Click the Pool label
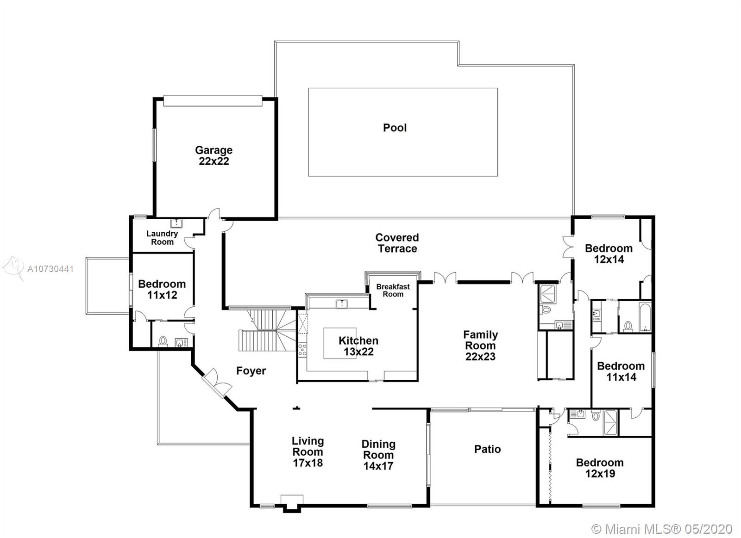coord(395,128)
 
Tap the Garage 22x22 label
coord(214,155)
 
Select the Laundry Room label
coord(162,238)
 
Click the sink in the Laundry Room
coord(176,223)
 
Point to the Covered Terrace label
coord(397,243)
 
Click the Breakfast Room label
coord(393,290)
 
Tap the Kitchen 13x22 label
coord(358,346)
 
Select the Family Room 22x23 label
coord(480,346)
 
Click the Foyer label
coord(251,371)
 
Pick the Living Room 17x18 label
coord(308,452)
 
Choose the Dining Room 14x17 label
coord(378,455)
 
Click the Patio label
coord(487,449)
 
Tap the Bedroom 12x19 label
coord(600,468)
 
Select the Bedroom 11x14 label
coord(621,371)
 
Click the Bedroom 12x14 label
coord(609,254)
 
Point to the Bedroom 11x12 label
coord(162,289)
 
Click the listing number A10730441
coord(50,269)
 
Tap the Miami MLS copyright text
coord(662,529)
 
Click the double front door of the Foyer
coord(217,383)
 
